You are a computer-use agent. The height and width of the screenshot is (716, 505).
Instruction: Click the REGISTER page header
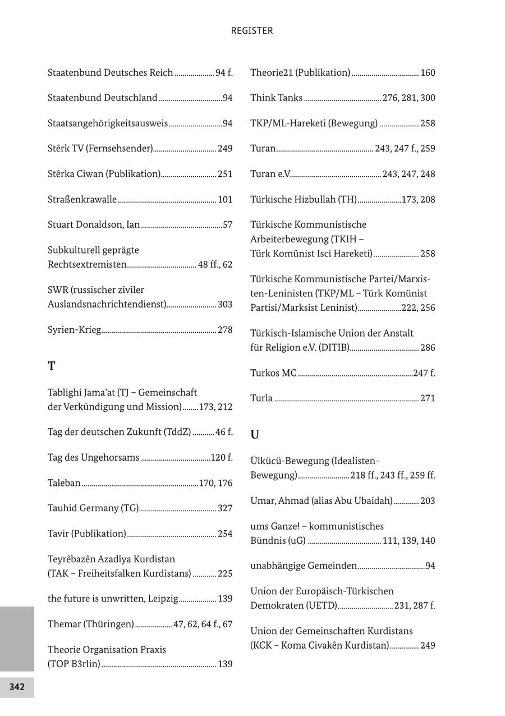click(x=252, y=31)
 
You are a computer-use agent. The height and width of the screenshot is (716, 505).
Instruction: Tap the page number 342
click(x=17, y=687)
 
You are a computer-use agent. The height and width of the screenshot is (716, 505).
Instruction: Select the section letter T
click(x=52, y=366)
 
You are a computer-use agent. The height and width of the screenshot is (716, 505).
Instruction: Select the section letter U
click(x=255, y=435)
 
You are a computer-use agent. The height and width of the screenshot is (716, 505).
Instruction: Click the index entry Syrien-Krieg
click(x=74, y=330)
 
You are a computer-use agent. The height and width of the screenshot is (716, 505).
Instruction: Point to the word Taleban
click(x=64, y=483)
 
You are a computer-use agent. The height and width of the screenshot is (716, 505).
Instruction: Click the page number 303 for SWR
click(x=225, y=304)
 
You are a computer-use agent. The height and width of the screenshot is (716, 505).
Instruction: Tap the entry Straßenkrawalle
click(x=82, y=199)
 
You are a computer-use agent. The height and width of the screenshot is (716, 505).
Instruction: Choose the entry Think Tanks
click(x=276, y=98)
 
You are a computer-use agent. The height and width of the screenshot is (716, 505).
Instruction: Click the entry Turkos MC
click(x=273, y=373)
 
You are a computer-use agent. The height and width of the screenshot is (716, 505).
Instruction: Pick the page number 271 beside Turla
click(x=428, y=398)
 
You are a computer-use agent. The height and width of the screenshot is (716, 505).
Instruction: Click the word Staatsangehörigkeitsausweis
click(x=108, y=123)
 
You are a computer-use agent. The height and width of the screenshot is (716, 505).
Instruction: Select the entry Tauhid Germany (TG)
click(x=93, y=508)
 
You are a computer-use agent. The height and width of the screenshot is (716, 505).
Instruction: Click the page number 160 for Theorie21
click(x=428, y=73)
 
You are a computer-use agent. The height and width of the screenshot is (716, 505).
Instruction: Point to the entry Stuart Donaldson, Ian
click(x=94, y=225)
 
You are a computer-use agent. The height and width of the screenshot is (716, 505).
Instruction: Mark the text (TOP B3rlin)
click(x=74, y=664)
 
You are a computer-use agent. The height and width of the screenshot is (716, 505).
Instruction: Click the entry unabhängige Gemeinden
click(x=304, y=566)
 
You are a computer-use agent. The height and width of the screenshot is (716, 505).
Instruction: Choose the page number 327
click(x=225, y=508)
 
